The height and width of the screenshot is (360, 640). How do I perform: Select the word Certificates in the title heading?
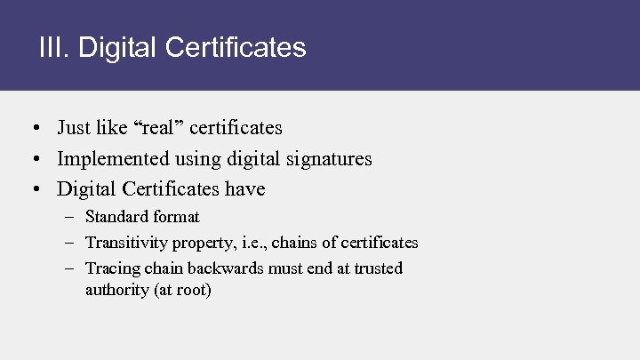point(233,47)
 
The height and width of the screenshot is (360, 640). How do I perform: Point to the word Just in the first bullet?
point(74,128)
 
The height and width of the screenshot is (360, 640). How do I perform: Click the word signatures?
point(326,159)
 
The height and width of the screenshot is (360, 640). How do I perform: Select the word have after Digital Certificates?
point(244,189)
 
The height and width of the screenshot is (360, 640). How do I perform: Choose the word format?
point(176,217)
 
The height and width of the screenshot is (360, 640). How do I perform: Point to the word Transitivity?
point(126,243)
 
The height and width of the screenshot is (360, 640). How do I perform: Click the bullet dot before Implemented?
point(31,159)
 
